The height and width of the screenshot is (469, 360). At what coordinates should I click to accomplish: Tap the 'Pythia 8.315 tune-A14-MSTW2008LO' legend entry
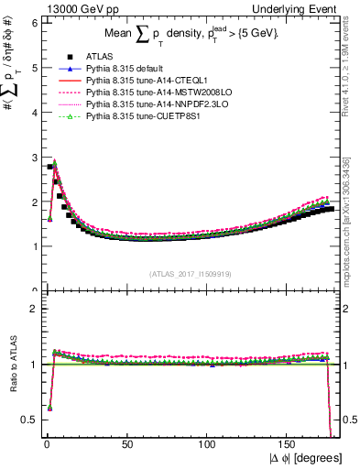tap(146, 93)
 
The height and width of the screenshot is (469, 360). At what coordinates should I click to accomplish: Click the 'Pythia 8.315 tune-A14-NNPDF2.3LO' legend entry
tap(146, 104)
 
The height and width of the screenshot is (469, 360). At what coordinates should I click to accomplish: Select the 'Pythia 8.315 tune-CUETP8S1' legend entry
tap(134, 116)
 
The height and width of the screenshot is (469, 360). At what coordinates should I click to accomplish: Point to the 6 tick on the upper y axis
tap(34, 22)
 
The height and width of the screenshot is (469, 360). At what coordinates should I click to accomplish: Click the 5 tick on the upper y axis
tap(34, 67)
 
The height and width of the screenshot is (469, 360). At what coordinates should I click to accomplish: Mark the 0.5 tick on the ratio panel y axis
tap(30, 420)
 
